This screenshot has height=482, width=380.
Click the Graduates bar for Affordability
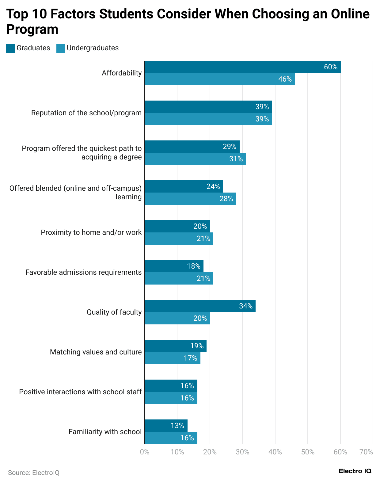click(x=242, y=67)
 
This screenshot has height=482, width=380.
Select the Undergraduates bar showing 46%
click(x=219, y=79)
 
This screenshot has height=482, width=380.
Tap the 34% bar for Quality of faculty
click(x=200, y=306)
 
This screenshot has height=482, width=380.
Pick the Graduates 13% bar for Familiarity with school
click(x=166, y=426)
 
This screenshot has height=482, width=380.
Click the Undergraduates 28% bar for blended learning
click(x=190, y=199)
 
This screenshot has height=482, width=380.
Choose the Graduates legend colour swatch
click(x=10, y=48)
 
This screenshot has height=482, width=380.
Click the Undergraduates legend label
click(x=93, y=48)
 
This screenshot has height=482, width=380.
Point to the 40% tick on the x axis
click(x=275, y=452)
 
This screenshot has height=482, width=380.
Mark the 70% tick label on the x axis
click(x=366, y=452)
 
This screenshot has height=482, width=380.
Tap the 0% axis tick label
click(x=145, y=452)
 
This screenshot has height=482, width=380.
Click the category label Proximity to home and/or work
click(x=91, y=232)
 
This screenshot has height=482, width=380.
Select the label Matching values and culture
click(x=96, y=352)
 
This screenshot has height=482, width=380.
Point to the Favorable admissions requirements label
click(x=83, y=272)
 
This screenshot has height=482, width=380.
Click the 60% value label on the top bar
click(x=331, y=67)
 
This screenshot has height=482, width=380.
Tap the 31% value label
click(x=236, y=159)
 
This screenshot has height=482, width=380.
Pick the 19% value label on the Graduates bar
click(x=197, y=346)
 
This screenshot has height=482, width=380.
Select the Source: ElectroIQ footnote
click(x=34, y=472)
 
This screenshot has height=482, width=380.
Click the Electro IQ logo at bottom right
click(x=355, y=471)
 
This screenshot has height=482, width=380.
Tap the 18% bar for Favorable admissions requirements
click(x=174, y=266)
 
